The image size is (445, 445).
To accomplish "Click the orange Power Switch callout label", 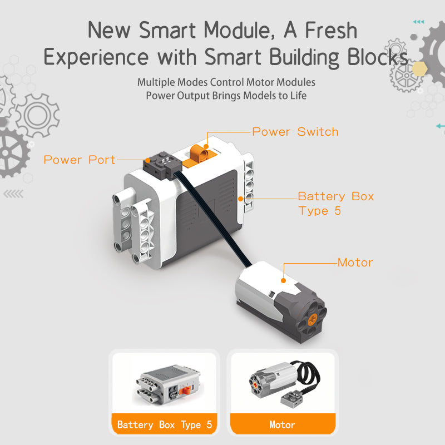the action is (295, 132).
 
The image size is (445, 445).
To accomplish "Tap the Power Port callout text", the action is (80, 160).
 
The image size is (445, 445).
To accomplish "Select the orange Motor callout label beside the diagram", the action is (355, 263).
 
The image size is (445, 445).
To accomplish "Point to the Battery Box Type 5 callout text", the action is (336, 204).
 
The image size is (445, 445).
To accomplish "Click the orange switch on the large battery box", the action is (200, 155).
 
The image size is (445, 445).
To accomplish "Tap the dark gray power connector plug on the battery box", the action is (162, 165).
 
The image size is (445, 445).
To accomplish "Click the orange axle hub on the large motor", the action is (312, 319).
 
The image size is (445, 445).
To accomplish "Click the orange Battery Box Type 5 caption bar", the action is (164, 424).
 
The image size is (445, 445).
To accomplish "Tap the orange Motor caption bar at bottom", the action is (283, 424).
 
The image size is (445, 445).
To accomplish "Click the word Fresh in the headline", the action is (331, 31).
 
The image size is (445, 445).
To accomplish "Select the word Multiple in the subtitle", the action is (156, 82).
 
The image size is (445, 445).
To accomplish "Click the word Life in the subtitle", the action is (298, 96).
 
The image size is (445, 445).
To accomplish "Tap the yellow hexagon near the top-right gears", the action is (419, 68).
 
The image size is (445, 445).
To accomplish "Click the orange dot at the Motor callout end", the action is (283, 281).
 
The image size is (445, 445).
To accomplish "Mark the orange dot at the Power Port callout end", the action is (148, 161).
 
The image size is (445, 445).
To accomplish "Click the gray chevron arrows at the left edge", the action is (13, 194).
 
